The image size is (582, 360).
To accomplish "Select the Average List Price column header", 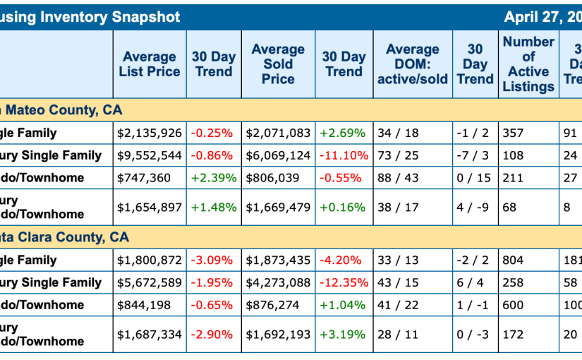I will [x=150, y=64].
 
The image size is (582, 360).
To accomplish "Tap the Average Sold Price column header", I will [x=278, y=64].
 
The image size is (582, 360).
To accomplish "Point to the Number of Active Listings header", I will [x=528, y=64].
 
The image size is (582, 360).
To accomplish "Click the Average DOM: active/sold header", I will [x=413, y=64].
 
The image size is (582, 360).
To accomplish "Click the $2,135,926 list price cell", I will [x=150, y=133].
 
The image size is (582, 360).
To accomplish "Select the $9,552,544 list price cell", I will [x=150, y=155].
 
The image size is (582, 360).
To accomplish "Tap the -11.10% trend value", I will [x=344, y=155].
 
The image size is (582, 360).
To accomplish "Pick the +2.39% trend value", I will [x=214, y=178].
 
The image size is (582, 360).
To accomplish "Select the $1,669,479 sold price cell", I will [x=278, y=208].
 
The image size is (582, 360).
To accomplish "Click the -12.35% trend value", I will [x=344, y=283].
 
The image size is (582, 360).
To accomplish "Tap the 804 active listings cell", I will [x=513, y=260].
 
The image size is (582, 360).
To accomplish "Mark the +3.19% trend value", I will [x=343, y=335].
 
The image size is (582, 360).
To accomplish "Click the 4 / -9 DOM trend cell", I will [x=473, y=208].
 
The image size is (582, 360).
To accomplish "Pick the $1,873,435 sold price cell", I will [x=278, y=260].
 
